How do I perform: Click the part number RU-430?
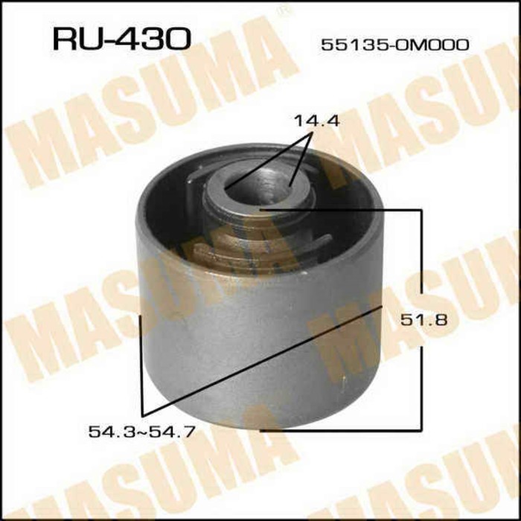(122, 39)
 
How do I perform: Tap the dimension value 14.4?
(315, 120)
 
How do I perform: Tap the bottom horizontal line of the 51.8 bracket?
(342, 429)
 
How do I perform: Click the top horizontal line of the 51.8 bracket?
(342, 211)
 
